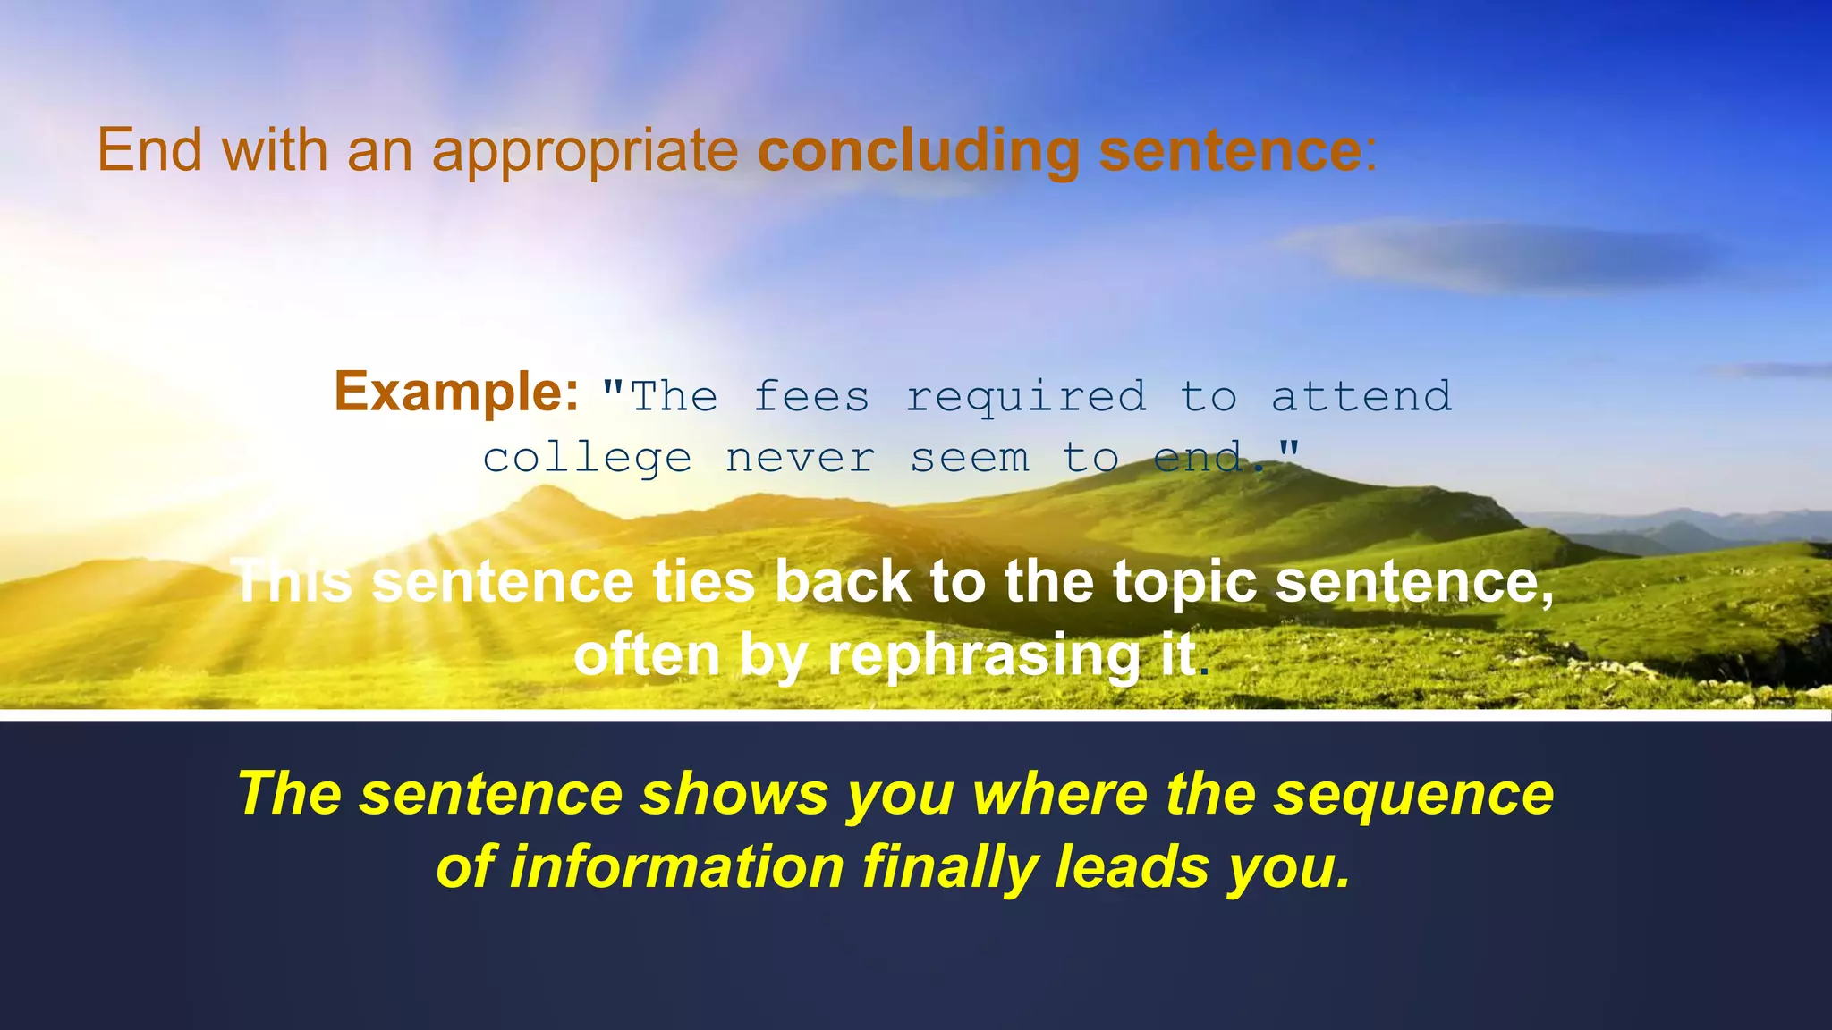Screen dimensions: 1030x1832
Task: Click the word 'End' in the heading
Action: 150,149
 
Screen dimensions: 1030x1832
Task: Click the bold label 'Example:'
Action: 456,392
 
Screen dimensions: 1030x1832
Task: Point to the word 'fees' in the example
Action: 811,397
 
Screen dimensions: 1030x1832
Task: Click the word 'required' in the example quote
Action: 1026,397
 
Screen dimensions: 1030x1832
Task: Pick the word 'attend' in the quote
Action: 1361,396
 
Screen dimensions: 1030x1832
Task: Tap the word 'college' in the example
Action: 587,459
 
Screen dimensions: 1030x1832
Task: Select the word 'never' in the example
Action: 800,459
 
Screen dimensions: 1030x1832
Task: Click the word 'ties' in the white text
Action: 704,582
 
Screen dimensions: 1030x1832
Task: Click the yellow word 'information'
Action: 676,867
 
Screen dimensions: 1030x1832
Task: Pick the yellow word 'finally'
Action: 950,867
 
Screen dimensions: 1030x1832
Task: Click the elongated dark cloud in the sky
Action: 1503,257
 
